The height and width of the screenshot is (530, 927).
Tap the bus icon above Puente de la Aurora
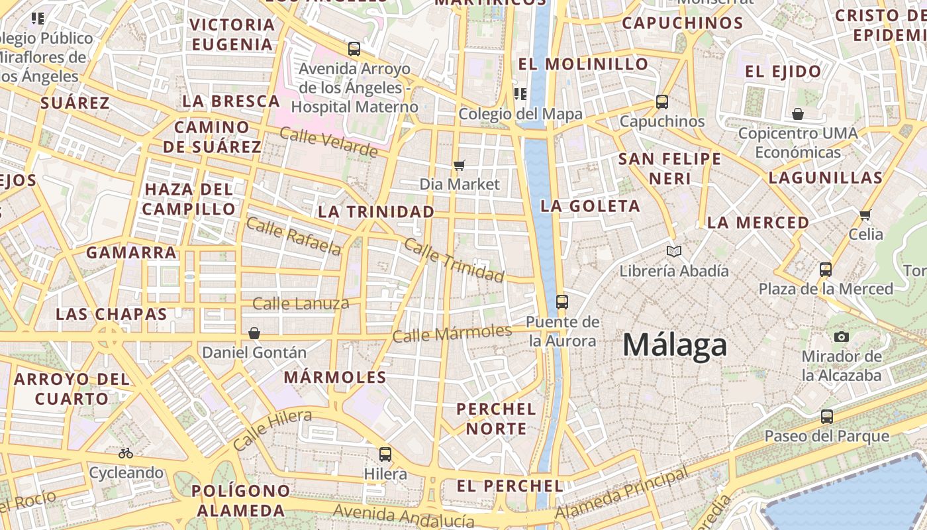(562, 302)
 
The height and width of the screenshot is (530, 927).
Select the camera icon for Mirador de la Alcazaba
(842, 337)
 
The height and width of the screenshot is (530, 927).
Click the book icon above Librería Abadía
(674, 252)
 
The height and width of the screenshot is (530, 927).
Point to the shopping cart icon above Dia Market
(460, 165)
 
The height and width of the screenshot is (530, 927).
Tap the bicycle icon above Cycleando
(126, 453)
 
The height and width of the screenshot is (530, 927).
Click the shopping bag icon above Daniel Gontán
(254, 333)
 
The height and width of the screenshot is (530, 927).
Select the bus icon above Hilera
(385, 454)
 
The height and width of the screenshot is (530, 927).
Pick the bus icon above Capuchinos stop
(662, 102)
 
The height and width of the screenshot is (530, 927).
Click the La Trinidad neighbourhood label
(376, 212)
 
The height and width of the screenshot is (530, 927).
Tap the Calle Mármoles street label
(452, 333)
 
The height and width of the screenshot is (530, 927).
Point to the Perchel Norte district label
(496, 419)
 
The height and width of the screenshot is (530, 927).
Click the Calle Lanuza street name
(301, 304)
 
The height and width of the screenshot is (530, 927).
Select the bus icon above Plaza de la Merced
(826, 270)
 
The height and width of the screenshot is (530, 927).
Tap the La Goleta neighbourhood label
(590, 206)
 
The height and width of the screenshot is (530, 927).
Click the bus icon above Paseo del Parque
(827, 417)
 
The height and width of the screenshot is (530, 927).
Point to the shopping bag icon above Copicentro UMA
(798, 114)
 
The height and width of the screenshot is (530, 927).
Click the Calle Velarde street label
(328, 142)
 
